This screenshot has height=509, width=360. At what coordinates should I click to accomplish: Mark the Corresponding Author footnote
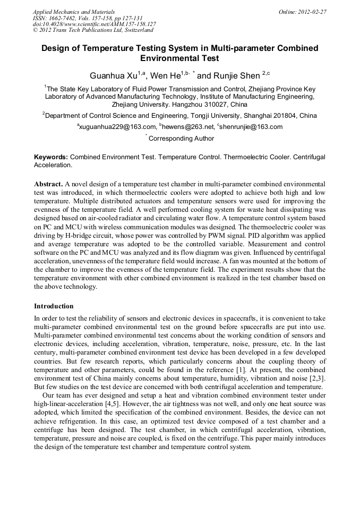181,139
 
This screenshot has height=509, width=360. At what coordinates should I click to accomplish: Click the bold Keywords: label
51,158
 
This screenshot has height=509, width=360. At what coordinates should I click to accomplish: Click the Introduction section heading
54,306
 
